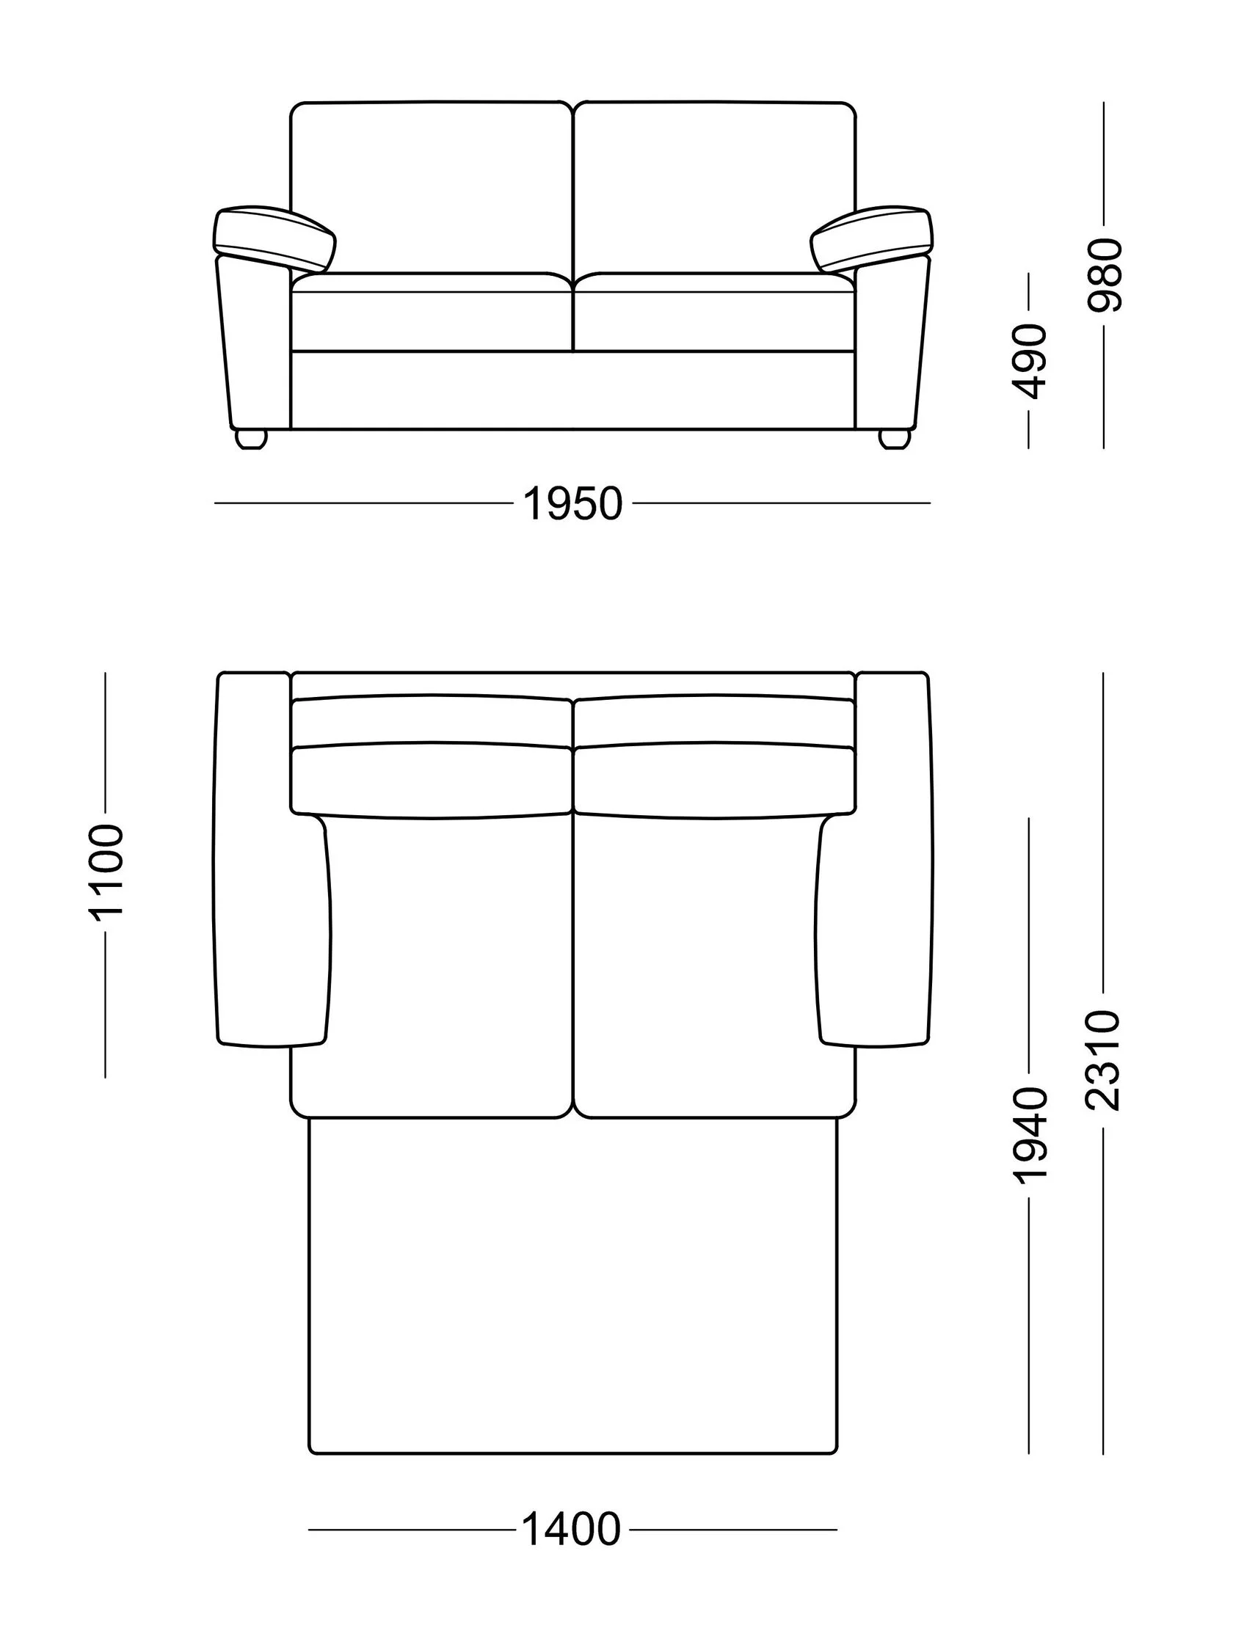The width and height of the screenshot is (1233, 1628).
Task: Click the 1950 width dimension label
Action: coord(572,504)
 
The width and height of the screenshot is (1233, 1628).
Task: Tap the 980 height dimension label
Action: coord(1104,274)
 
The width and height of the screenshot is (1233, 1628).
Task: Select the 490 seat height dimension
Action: coord(1029,362)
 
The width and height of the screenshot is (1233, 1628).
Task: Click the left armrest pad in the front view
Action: coord(274,237)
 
